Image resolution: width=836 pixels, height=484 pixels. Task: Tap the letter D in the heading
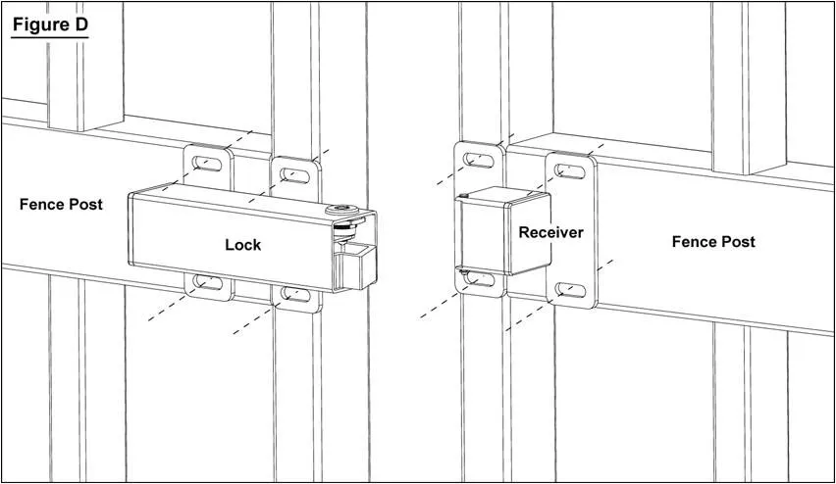coord(79,24)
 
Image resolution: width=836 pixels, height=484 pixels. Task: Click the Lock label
coord(242,244)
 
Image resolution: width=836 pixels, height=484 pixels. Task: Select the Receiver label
coord(550,232)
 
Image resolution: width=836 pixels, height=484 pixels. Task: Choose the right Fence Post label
coord(713,241)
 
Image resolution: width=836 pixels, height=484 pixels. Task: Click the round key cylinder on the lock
coord(342,210)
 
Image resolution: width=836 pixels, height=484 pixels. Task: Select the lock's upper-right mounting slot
coord(294,173)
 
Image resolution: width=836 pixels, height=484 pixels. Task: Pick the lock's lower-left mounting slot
coord(207,282)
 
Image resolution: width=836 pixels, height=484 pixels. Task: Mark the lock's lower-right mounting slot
coord(295,293)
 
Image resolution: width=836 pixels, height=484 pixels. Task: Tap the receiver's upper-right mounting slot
coord(570,171)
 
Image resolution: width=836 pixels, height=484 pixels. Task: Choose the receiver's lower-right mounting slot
coord(570,291)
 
